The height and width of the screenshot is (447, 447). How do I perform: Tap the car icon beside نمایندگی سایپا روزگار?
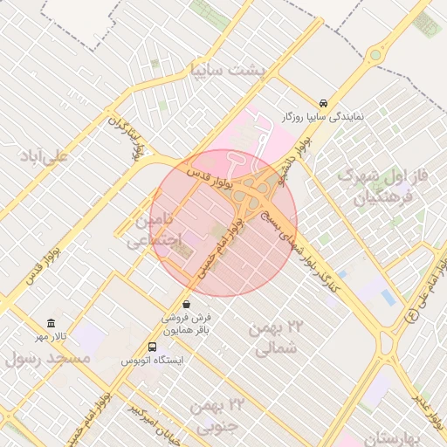[324, 101]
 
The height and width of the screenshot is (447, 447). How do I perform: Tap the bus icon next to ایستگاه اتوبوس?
[154, 346]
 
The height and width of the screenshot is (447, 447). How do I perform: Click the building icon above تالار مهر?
[51, 323]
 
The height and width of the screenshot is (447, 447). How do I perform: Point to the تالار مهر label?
[51, 337]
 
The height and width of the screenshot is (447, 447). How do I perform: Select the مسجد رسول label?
[48, 358]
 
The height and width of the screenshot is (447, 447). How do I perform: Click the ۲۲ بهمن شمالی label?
[279, 338]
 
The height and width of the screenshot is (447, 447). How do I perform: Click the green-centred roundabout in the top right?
[375, 54]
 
